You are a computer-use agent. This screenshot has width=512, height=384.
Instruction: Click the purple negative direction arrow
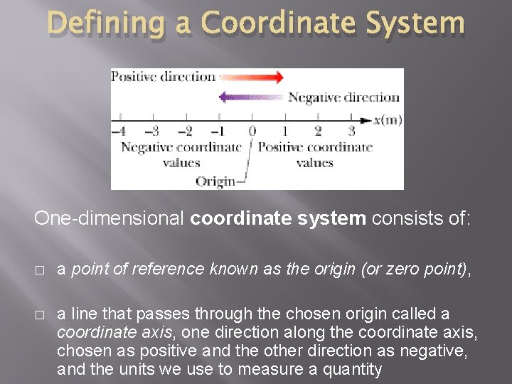pos(252,97)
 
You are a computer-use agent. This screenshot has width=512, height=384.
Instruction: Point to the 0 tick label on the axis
pos(252,131)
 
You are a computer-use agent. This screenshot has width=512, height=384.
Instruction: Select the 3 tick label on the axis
pos(351,131)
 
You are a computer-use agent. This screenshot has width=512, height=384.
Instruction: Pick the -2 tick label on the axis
pos(184,131)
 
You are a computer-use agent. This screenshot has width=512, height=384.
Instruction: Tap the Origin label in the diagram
pos(215,181)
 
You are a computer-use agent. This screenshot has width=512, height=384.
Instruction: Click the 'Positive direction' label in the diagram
pos(163,77)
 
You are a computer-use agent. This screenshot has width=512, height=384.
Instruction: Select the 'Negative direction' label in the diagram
pos(343,97)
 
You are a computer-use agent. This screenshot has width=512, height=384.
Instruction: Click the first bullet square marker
pos(38,270)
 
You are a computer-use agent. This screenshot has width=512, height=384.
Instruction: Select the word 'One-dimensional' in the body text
pos(110,219)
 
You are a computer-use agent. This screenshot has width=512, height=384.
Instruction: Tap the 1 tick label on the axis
pos(285,131)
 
